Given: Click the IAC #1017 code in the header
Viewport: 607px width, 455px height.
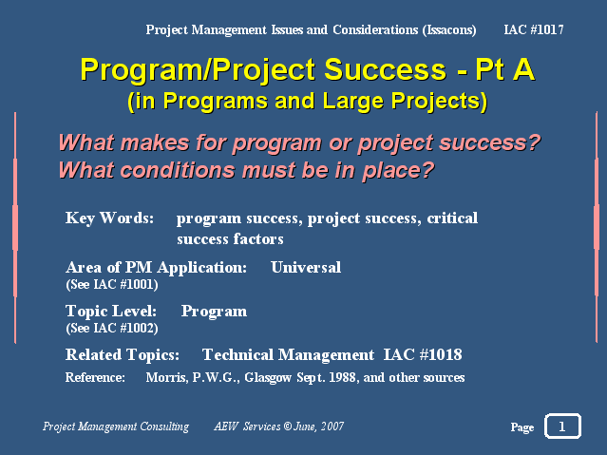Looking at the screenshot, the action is click(534, 29).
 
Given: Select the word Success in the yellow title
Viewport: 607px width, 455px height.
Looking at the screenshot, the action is click(385, 69).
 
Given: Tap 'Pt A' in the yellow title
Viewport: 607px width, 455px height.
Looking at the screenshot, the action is click(505, 69).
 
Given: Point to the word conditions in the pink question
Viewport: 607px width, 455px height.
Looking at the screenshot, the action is click(178, 170).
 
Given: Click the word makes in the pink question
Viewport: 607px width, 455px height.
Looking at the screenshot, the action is click(155, 142).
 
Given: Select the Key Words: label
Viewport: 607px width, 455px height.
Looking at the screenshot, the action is click(109, 218).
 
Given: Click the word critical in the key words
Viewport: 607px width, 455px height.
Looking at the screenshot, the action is click(452, 218).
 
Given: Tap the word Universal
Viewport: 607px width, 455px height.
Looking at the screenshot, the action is click(306, 267).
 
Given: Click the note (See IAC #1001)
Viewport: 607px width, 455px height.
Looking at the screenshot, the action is click(112, 285).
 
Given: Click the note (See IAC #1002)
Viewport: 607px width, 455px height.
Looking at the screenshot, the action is click(112, 329).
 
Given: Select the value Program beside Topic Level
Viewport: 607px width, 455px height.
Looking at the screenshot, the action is click(214, 312).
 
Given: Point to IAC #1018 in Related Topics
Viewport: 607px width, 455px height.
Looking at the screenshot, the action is click(423, 354).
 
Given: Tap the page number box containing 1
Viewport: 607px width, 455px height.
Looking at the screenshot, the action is click(562, 427).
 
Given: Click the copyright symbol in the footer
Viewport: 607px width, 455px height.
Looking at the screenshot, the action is click(287, 427).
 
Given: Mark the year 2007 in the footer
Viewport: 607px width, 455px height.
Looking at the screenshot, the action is click(332, 427).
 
